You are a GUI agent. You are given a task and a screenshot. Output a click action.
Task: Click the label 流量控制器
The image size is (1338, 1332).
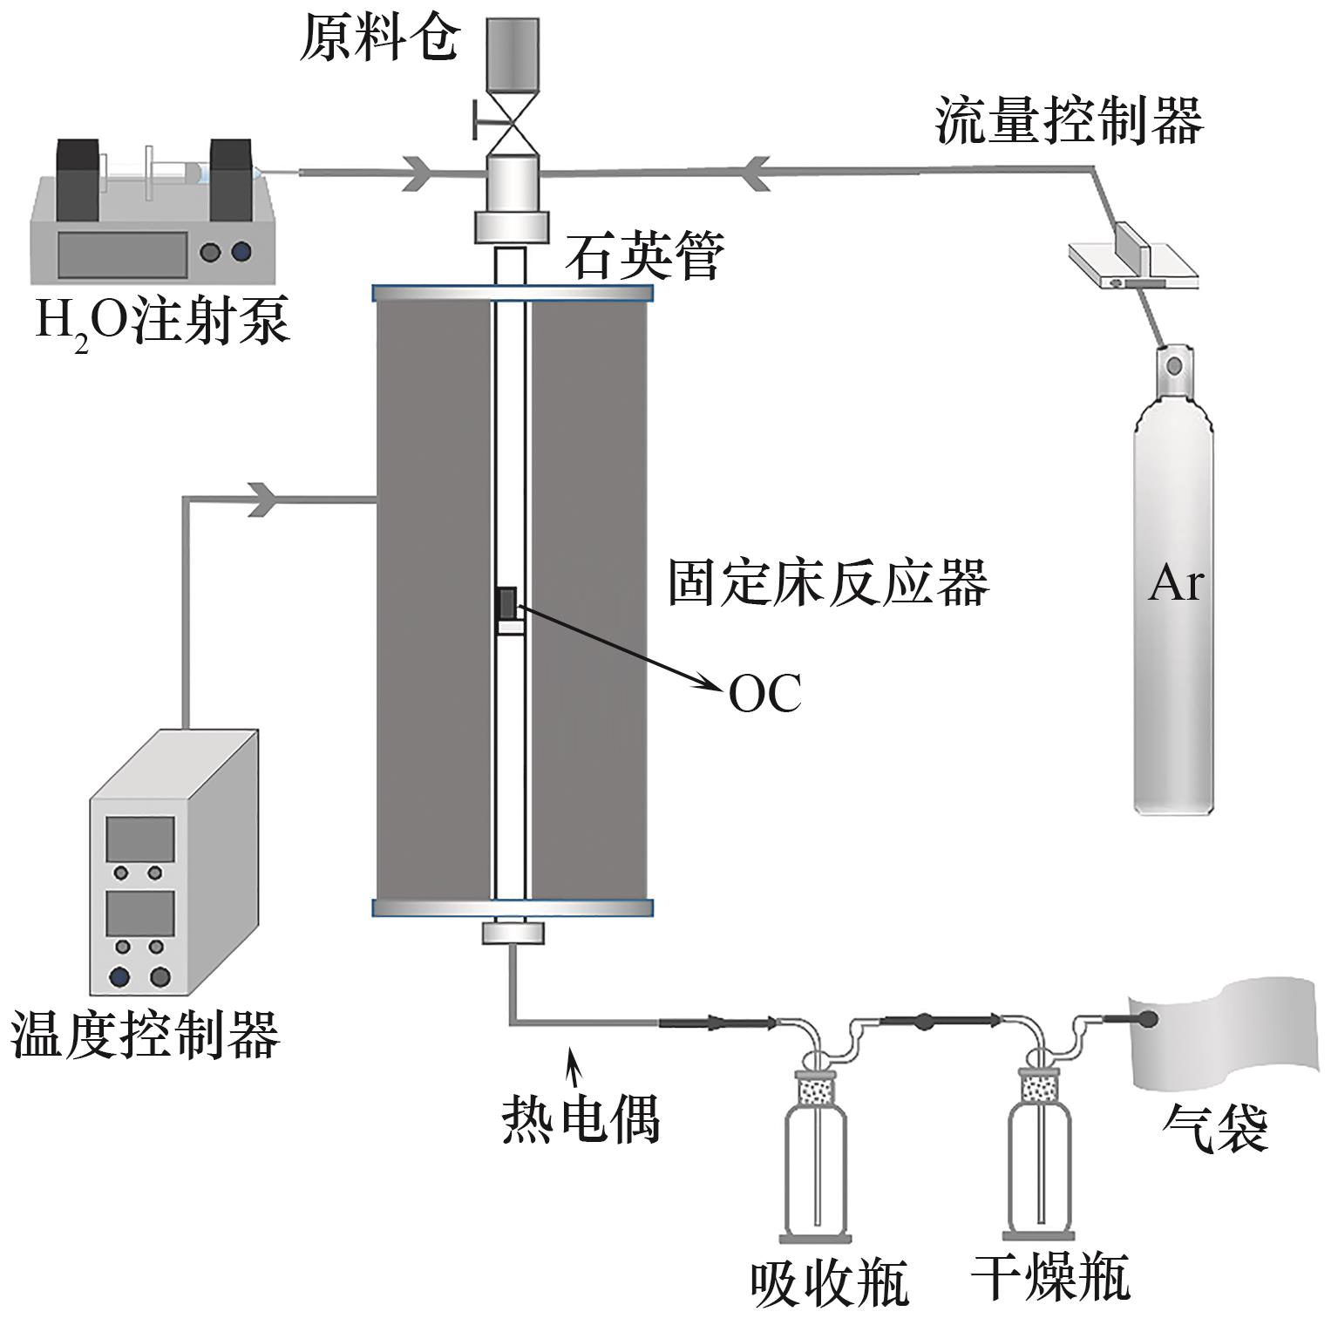click(x=1070, y=121)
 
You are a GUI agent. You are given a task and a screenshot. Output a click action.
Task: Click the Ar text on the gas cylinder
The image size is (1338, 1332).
click(x=1175, y=584)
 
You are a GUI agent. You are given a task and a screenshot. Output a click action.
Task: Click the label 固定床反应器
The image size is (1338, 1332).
click(x=829, y=582)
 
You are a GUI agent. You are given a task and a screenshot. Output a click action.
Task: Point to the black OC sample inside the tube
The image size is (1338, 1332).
click(x=506, y=603)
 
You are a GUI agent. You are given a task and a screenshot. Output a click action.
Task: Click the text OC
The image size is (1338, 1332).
click(x=764, y=695)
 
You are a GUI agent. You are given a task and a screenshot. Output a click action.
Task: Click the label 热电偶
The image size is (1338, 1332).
click(x=581, y=1118)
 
